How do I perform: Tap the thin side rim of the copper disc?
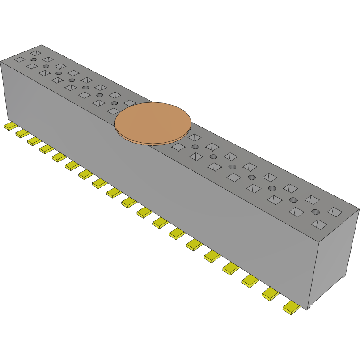click(x=152, y=143)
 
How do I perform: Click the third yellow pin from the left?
click(x=34, y=141)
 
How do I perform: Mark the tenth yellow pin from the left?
click(x=129, y=203)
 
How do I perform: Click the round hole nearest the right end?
click(x=316, y=212)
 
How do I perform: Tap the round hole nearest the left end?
click(x=34, y=59)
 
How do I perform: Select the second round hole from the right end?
click(x=293, y=199)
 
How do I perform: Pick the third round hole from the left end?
click(x=59, y=73)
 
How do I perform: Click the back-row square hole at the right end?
click(x=335, y=211)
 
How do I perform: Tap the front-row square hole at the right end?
click(x=319, y=224)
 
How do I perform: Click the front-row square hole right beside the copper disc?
click(x=178, y=147)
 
